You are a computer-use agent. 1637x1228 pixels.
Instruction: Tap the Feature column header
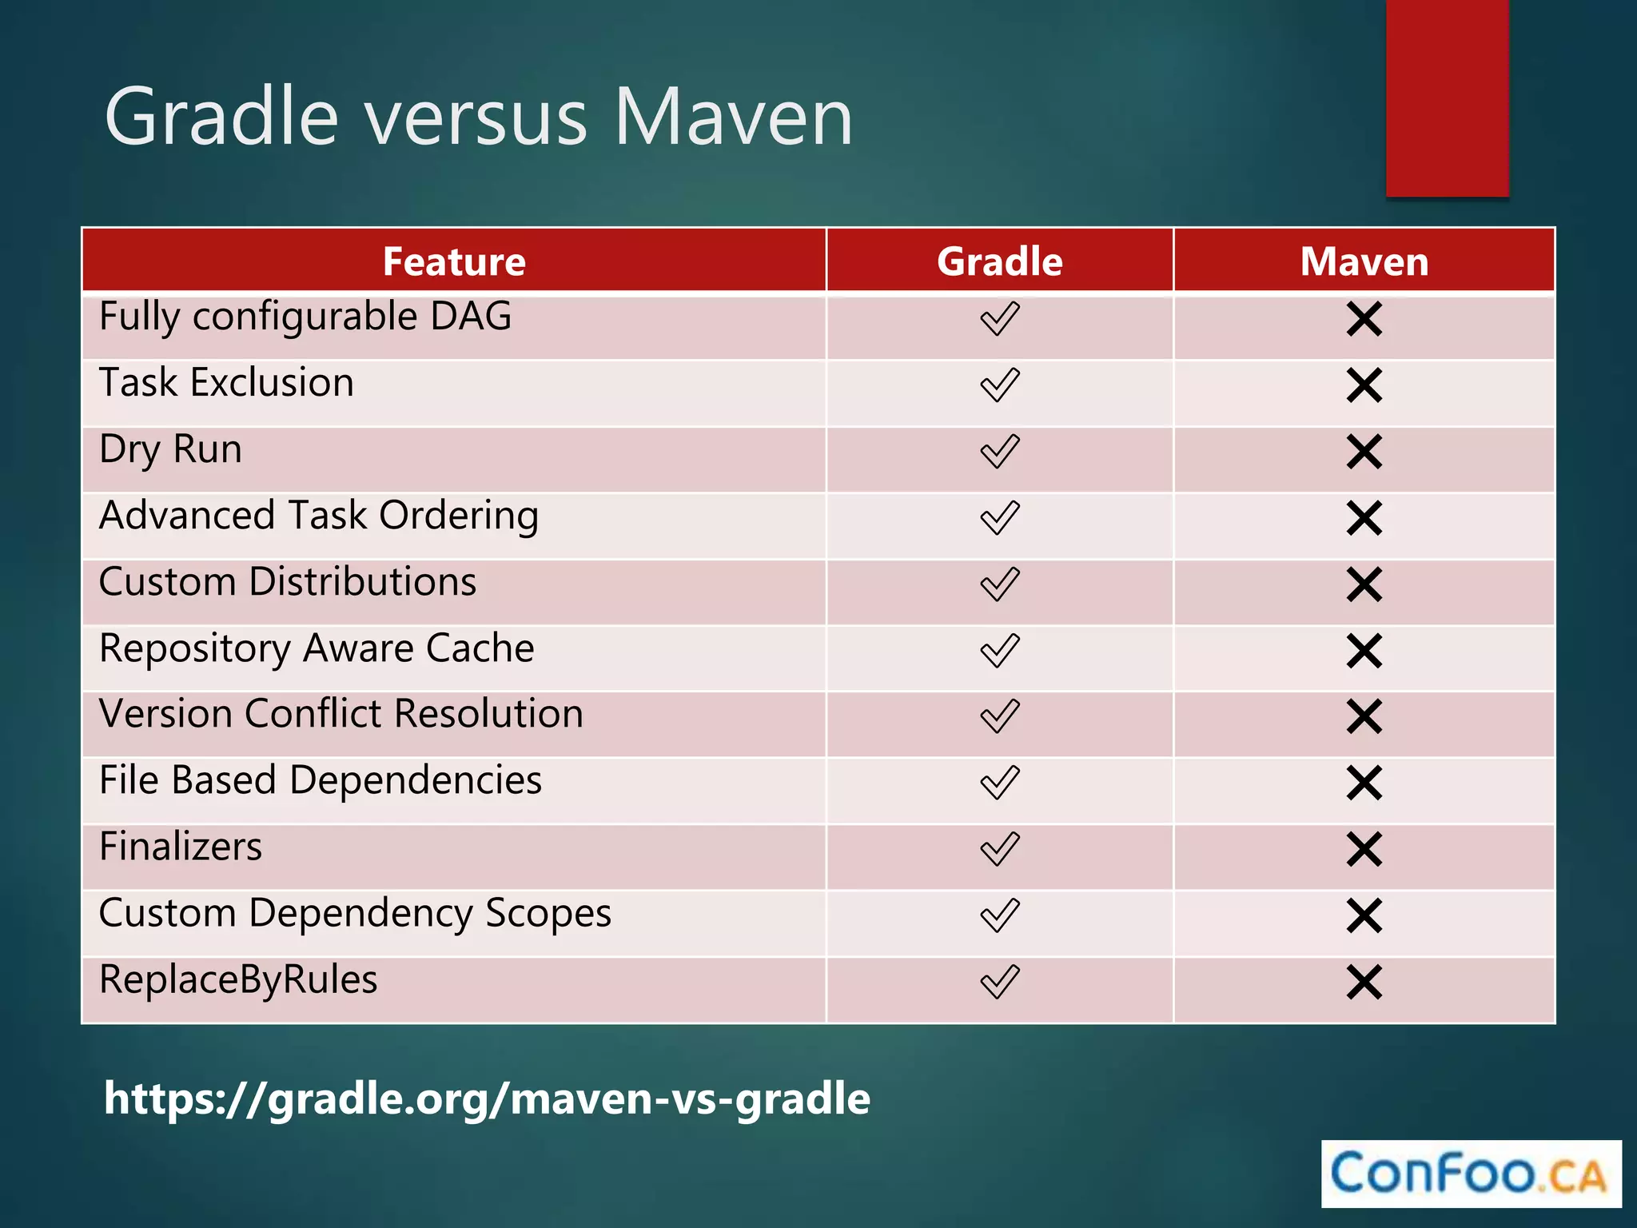coord(454,261)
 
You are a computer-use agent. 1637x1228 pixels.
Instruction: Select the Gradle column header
coord(999,261)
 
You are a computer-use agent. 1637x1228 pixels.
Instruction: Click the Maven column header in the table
coord(1364,261)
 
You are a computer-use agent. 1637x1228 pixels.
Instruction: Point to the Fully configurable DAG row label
coord(305,317)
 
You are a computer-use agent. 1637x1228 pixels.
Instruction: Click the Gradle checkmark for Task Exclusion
coord(999,385)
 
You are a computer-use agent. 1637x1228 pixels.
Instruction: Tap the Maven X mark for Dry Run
coord(1364,452)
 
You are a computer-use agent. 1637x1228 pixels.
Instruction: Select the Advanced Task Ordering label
coord(318,516)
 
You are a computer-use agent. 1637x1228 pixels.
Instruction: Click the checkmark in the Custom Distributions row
coord(999,584)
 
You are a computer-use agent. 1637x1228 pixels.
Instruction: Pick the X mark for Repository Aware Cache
coord(1364,651)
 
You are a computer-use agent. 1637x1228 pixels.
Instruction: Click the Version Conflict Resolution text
coord(341,714)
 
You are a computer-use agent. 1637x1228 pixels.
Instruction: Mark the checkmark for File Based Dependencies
coord(999,783)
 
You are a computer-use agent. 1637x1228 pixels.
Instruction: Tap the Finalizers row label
coord(181,847)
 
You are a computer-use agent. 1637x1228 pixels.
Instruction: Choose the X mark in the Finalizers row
coord(1364,849)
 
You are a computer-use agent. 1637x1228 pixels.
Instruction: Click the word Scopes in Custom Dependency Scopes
coord(548,914)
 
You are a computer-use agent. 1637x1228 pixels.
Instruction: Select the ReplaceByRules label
coord(238,980)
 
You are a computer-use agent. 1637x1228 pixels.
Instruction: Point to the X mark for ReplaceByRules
coord(1364,982)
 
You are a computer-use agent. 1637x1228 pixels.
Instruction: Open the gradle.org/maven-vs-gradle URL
coord(487,1098)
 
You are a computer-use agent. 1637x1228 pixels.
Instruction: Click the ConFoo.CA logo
coord(1470,1174)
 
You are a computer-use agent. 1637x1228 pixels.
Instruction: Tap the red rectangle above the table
coord(1447,96)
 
